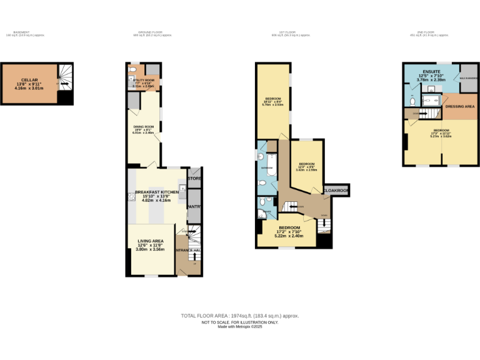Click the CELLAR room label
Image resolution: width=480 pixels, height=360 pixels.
click(x=29, y=80)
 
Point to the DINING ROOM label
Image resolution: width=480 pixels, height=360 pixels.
click(x=142, y=129)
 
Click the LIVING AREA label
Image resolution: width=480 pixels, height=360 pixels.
click(x=150, y=240)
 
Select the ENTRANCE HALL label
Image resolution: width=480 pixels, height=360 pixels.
click(x=188, y=251)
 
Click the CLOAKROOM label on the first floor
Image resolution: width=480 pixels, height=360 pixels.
click(x=336, y=189)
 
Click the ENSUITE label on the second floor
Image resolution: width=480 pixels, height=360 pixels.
click(x=431, y=72)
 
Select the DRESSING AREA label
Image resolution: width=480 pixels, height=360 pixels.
click(x=459, y=106)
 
